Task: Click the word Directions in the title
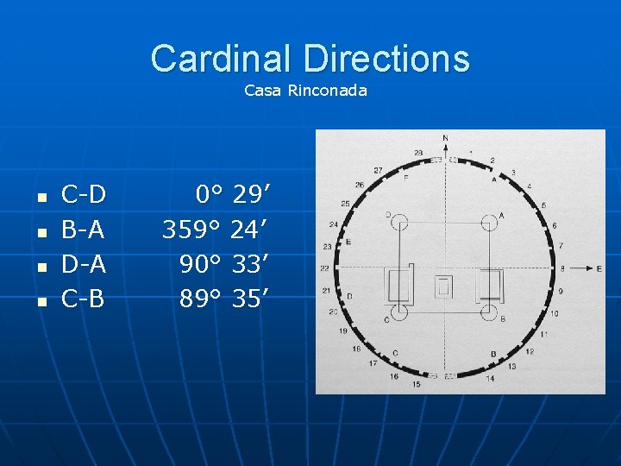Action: click(386, 59)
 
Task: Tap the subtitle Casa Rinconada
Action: click(305, 90)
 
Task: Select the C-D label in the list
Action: click(84, 195)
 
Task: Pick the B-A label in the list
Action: click(84, 230)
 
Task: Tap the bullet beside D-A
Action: click(40, 268)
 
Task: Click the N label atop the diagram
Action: click(445, 138)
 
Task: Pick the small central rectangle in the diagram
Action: click(444, 287)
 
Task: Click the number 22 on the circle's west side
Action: click(325, 268)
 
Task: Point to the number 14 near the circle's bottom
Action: click(490, 378)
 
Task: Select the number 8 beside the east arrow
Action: click(561, 268)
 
